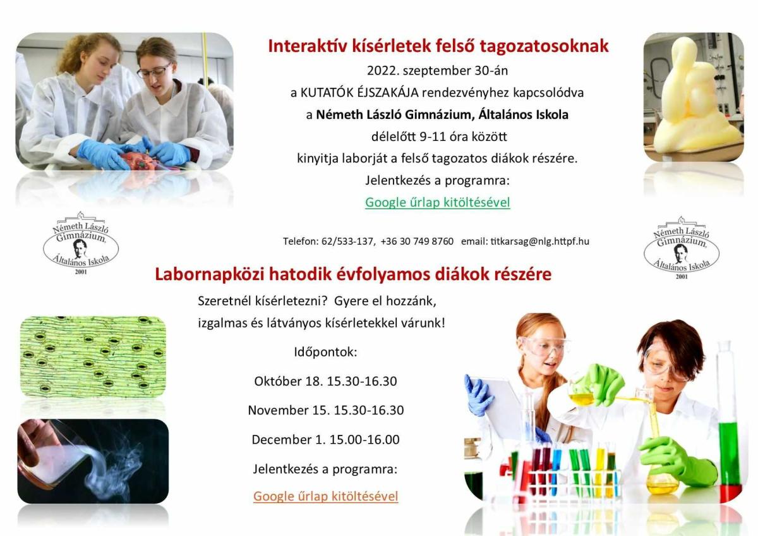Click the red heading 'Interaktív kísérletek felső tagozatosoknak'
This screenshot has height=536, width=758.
[x=438, y=46]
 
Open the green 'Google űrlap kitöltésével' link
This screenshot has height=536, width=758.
[x=438, y=202]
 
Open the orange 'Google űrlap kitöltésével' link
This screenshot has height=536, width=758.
[x=325, y=496]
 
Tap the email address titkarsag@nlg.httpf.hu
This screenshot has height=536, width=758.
[x=539, y=241]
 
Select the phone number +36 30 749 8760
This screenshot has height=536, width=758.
[x=417, y=241]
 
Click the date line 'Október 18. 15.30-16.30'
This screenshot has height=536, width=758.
[x=325, y=381]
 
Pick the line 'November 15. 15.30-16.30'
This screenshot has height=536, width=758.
[x=326, y=410]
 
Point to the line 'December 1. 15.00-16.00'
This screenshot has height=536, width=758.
[x=325, y=439]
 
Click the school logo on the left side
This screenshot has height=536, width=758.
[x=81, y=243]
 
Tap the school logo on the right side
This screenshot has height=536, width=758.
[x=682, y=248]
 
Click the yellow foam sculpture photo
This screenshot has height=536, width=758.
[x=694, y=97]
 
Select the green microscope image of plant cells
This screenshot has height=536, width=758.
[x=93, y=356]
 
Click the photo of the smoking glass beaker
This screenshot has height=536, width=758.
[x=93, y=461]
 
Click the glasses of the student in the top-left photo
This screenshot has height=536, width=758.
[x=154, y=70]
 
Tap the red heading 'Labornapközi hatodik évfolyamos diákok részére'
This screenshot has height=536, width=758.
[x=353, y=274]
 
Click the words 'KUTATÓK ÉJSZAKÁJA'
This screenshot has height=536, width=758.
[x=359, y=92]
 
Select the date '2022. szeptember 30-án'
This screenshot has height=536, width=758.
[x=438, y=70]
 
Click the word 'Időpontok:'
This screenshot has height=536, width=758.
[x=325, y=352]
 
